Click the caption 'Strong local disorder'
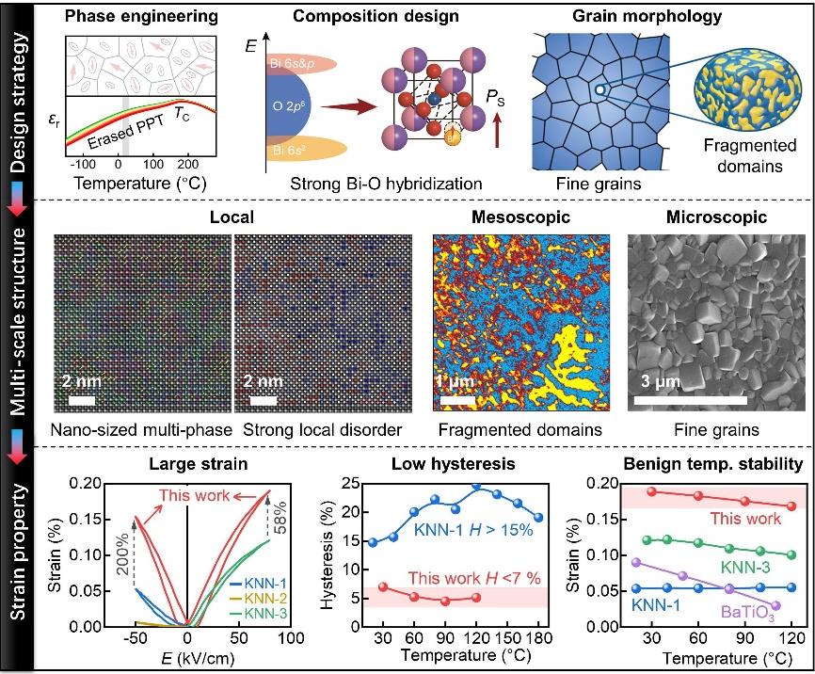coord(322,430)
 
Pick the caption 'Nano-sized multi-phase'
coord(143,430)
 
